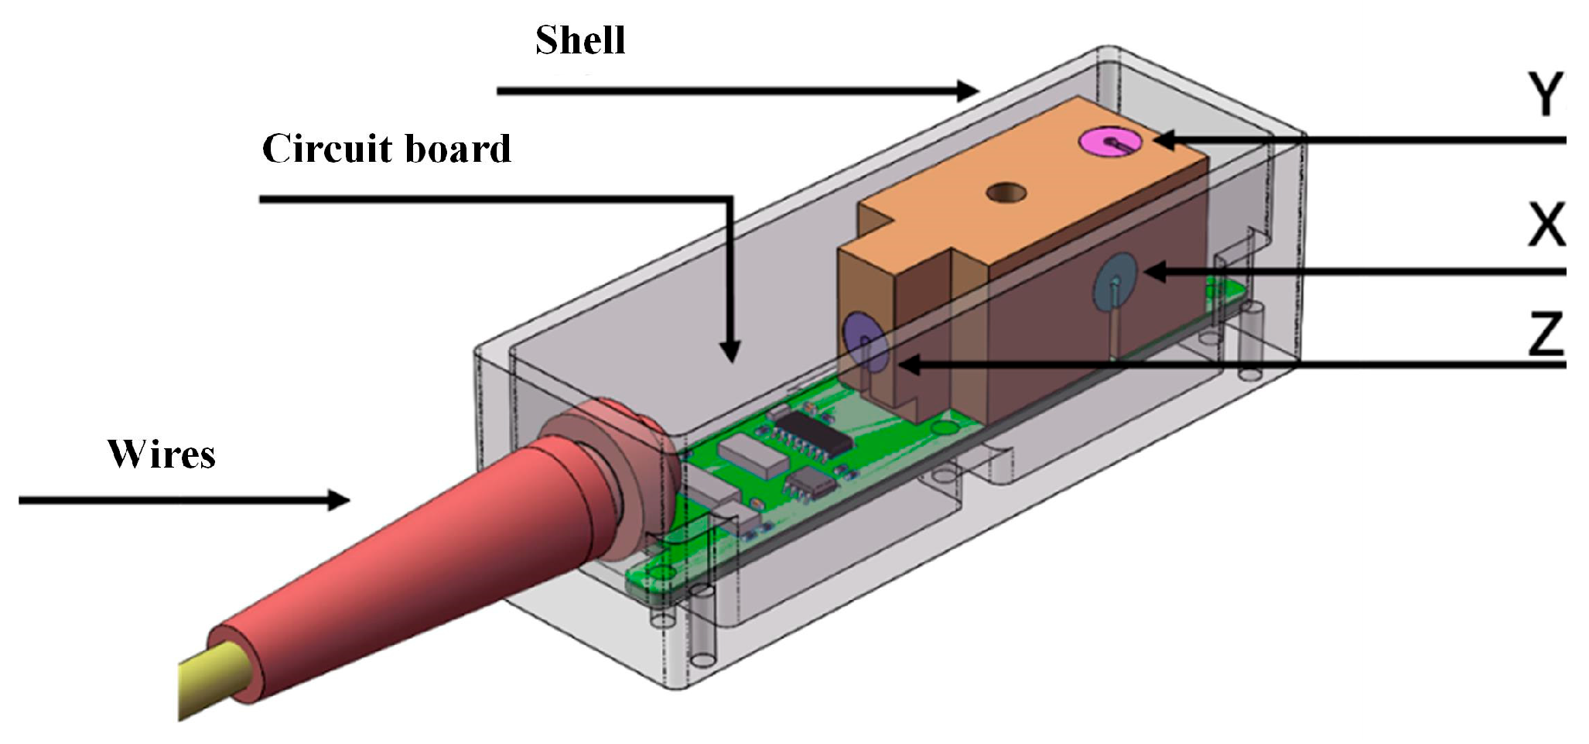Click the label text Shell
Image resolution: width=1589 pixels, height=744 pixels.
tap(580, 41)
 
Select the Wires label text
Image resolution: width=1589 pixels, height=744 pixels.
tap(162, 455)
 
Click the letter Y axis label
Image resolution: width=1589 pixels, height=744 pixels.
tap(1546, 94)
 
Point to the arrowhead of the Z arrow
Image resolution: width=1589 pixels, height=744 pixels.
tap(910, 365)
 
